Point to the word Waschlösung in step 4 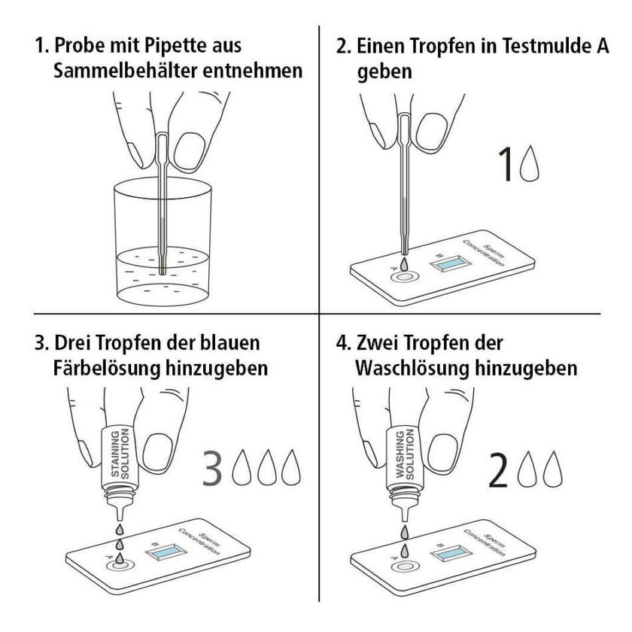coord(412,369)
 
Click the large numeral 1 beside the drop coord(506,164)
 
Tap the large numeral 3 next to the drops coord(212,468)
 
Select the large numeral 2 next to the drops coord(498,470)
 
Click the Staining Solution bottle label coord(120,454)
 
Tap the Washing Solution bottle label coord(405,454)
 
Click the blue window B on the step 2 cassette coord(451,263)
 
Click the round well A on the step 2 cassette coord(404,278)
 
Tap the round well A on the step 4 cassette coord(404,567)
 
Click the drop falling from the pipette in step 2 coord(404,263)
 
